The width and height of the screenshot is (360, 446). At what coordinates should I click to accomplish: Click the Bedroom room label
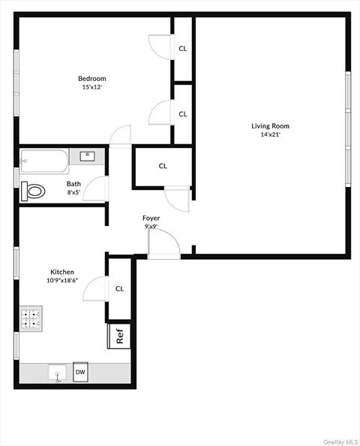click(x=92, y=78)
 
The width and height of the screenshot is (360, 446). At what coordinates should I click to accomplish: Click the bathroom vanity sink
click(x=87, y=157)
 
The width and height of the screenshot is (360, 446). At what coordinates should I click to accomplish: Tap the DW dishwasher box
click(x=80, y=372)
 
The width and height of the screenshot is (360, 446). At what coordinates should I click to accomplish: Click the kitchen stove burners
click(x=30, y=319)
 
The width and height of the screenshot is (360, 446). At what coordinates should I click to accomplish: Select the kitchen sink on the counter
click(x=57, y=372)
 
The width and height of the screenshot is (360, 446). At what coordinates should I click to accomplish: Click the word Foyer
click(x=151, y=218)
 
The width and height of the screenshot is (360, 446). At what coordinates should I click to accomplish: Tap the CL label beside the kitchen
click(x=119, y=288)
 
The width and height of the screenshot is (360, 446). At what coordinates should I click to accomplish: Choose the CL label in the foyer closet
click(x=163, y=166)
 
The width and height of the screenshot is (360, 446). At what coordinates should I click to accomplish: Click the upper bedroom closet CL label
click(x=182, y=49)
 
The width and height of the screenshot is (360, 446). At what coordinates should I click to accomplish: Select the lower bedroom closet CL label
click(x=182, y=114)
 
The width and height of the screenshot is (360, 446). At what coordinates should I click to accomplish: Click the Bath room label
click(x=73, y=184)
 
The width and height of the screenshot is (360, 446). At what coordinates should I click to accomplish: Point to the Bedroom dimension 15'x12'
click(x=92, y=87)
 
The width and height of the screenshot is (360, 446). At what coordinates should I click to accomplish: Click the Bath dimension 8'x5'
click(x=73, y=192)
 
